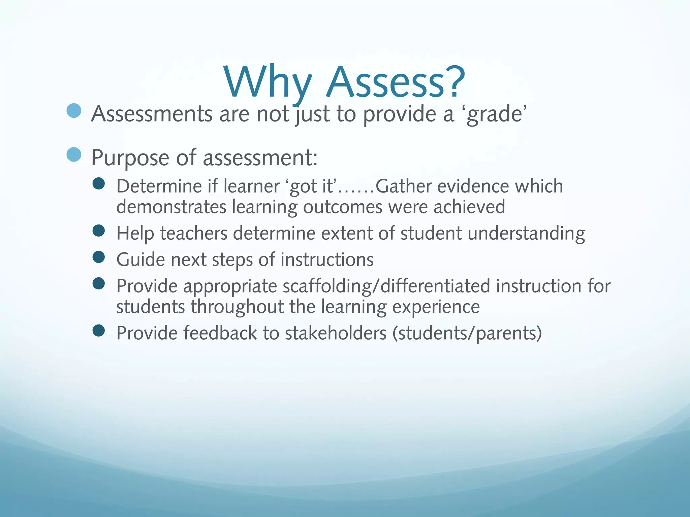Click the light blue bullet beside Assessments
tap(74, 110)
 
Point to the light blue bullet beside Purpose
tap(74, 154)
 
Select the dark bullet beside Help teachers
tap(98, 231)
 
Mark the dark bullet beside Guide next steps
tap(98, 257)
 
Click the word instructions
tap(327, 260)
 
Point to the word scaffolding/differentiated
tap(386, 286)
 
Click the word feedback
tap(220, 333)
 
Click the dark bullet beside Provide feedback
tap(98, 331)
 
